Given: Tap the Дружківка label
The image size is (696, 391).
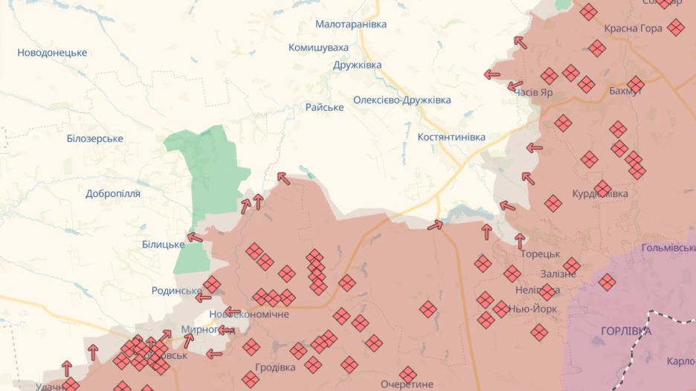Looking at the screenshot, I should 357,65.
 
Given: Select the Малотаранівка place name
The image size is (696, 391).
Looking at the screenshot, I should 351,25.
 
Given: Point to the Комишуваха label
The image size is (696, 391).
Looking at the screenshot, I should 318,48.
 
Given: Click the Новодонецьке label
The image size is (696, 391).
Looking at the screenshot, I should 52,53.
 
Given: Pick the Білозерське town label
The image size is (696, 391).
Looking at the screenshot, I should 94,139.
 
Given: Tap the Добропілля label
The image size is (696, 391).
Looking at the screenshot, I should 112,193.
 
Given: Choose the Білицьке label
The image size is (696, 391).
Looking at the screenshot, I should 163,245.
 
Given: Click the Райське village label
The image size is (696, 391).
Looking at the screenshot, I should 324,107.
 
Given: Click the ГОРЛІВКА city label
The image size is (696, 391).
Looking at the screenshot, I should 625,331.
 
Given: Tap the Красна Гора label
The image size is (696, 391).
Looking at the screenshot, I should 633,29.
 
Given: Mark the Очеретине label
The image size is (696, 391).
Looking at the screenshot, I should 407,384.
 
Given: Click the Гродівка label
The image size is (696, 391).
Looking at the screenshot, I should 275,367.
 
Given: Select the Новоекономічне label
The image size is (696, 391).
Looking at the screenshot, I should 248,314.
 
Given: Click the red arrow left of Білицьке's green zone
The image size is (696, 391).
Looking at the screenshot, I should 195,238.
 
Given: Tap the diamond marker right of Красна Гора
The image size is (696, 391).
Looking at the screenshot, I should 675,28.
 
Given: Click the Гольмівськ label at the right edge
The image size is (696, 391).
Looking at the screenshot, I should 668,248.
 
